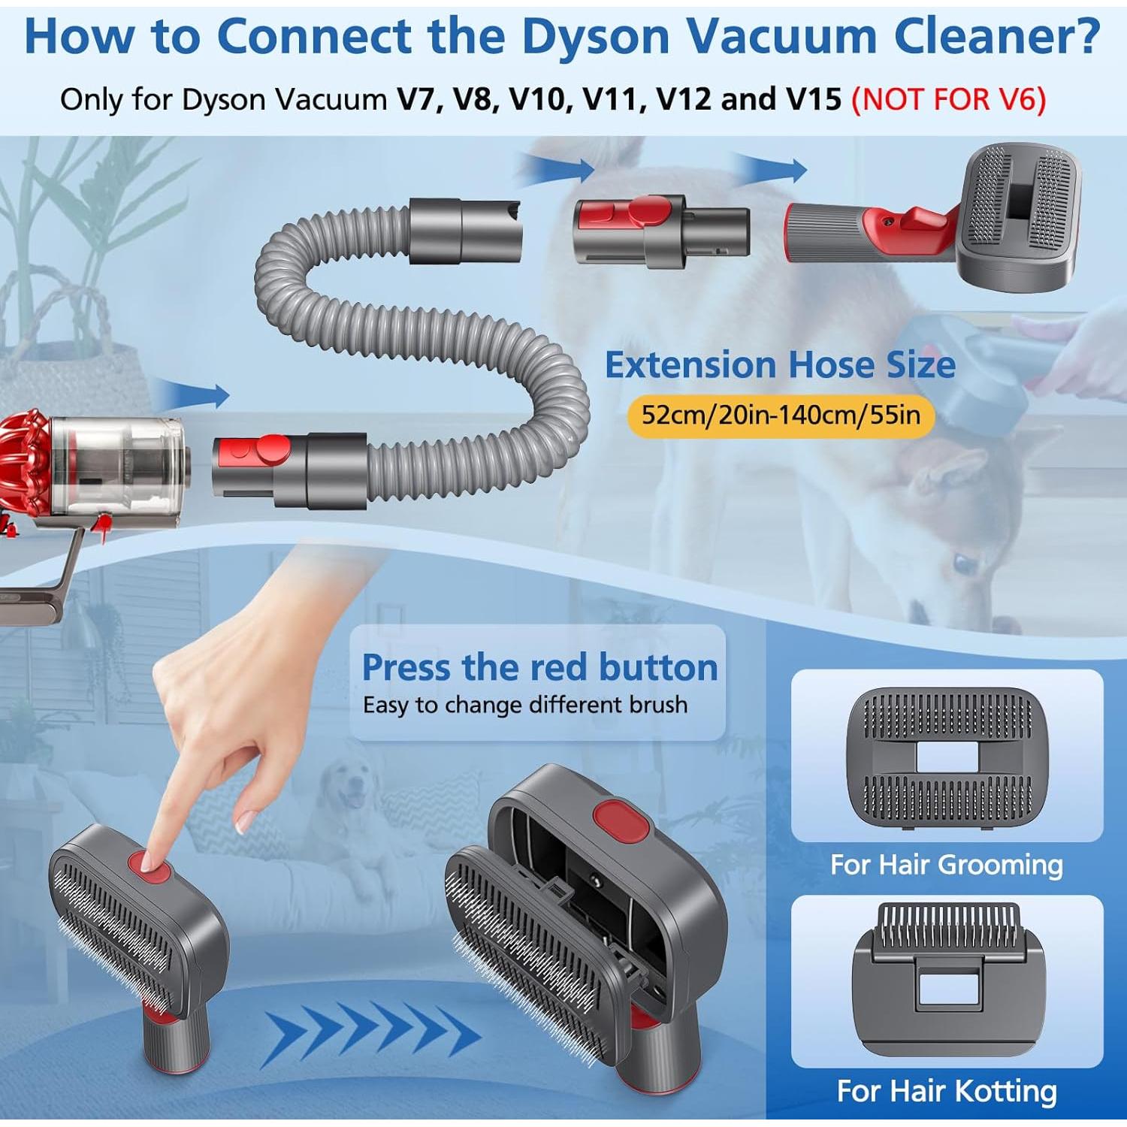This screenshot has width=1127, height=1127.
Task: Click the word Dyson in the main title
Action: (595, 36)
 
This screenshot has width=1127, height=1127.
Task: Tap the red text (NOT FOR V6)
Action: (948, 99)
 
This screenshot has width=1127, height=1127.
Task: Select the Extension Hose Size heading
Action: (780, 365)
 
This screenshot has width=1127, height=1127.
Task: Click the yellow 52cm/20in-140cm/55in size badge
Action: (780, 415)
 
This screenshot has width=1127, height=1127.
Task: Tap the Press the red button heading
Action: (539, 667)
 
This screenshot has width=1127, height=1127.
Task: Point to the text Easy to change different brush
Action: (524, 705)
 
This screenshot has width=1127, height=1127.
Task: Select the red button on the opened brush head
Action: (621, 820)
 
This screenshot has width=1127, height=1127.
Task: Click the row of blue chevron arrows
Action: (372, 1035)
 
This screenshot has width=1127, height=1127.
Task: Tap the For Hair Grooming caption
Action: (946, 865)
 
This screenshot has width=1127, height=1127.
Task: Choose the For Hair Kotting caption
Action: (946, 1090)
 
